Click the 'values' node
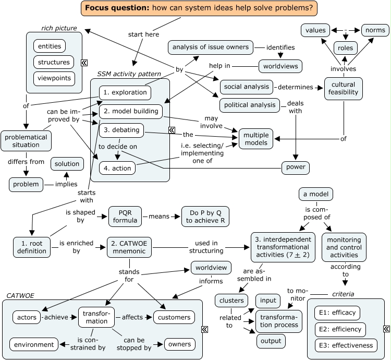coord(315,30)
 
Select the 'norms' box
coord(375,30)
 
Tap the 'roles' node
coord(345,48)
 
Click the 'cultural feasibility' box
coord(343,88)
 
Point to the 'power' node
coord(296,168)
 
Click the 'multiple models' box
coord(256,139)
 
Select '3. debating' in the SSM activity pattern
coord(121,129)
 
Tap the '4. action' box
coord(117,168)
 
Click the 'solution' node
coord(67,164)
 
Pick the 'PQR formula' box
coord(125,216)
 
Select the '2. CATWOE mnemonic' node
coord(129,247)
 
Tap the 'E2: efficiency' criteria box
coord(340,330)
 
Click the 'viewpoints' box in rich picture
coord(53,78)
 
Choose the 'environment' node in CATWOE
coord(34,344)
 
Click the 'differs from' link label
coord(26,162)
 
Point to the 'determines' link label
coord(296,87)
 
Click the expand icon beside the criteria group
coord(386,329)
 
